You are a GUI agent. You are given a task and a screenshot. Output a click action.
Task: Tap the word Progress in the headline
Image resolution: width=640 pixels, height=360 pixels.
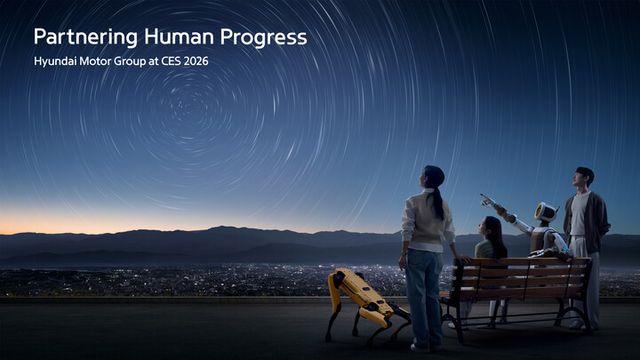point(263,38)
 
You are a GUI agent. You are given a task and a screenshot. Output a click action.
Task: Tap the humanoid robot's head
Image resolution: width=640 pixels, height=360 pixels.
point(546,212)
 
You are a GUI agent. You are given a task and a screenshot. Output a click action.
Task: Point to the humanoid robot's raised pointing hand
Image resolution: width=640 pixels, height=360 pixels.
point(487,199)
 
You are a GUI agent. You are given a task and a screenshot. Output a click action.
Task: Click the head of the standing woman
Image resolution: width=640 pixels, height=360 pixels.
point(433,178)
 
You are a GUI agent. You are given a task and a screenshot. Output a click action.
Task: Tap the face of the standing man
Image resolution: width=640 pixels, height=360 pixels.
point(583,179)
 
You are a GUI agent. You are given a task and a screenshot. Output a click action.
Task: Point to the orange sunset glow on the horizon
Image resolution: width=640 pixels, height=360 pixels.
point(60,222)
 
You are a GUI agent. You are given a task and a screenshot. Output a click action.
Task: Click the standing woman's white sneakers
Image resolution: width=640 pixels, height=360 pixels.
point(420,346)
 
